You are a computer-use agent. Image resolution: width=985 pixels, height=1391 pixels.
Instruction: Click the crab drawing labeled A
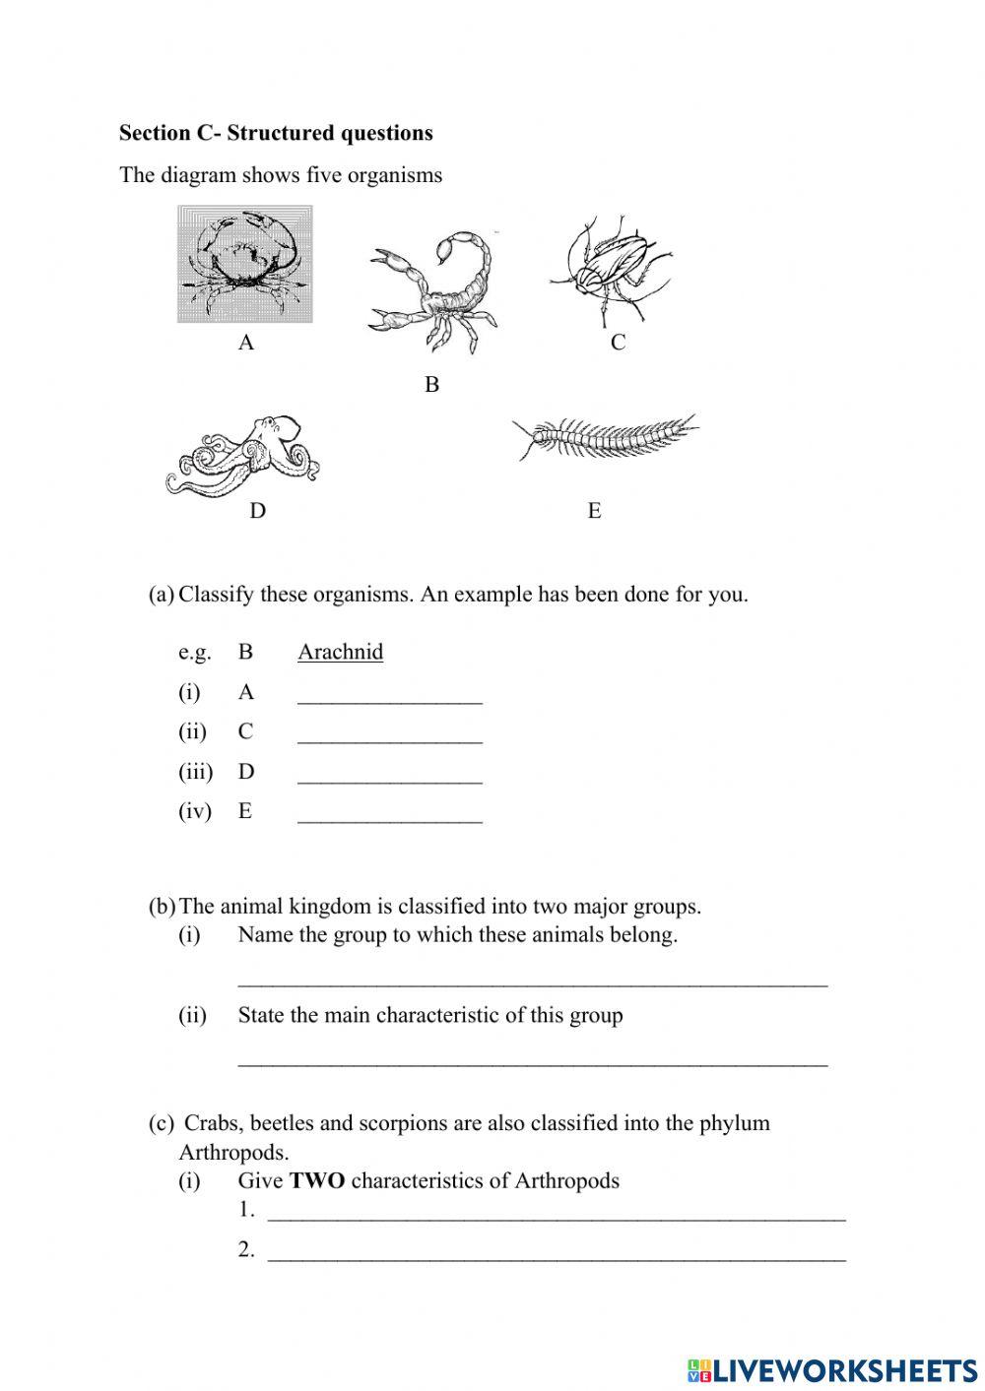click(244, 263)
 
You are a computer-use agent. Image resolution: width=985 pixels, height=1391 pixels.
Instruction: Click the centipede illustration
click(603, 436)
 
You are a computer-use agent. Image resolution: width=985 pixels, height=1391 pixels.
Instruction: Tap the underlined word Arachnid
click(340, 652)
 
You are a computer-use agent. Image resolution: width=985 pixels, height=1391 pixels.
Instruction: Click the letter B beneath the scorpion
click(431, 385)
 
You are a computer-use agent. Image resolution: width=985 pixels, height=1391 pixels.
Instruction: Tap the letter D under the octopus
click(257, 511)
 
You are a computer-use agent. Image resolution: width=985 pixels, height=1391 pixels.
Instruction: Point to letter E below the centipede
click(594, 511)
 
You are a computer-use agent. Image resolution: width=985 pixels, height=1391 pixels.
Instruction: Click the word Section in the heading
click(154, 133)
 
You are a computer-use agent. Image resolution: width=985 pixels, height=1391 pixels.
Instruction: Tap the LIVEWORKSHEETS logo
click(832, 1369)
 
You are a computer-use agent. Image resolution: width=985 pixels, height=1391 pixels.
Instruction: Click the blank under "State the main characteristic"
click(532, 1059)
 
